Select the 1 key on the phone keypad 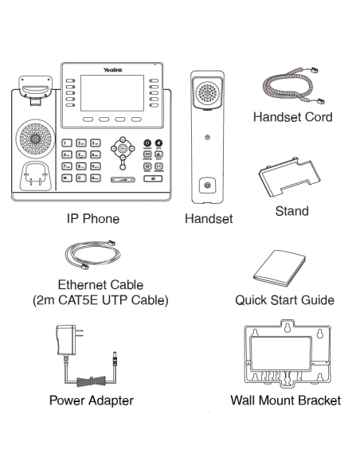pyautogui.click(x=68, y=143)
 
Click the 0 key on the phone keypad pyautogui.click(x=81, y=179)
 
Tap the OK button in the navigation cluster pyautogui.click(x=122, y=150)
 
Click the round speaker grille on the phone pyautogui.click(x=34, y=142)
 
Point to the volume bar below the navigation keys pyautogui.click(x=122, y=180)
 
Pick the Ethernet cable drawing pyautogui.click(x=91, y=257)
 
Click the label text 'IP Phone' pyautogui.click(x=93, y=217)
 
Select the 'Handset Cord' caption pyautogui.click(x=292, y=117)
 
